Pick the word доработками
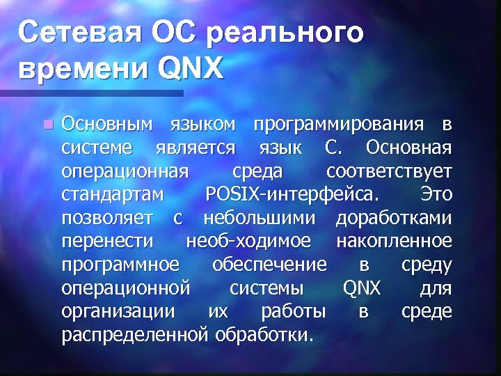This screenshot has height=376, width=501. (x=394, y=219)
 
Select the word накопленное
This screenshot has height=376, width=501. (x=394, y=242)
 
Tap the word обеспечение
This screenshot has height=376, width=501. (x=268, y=265)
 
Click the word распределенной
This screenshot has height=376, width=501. (x=132, y=335)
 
